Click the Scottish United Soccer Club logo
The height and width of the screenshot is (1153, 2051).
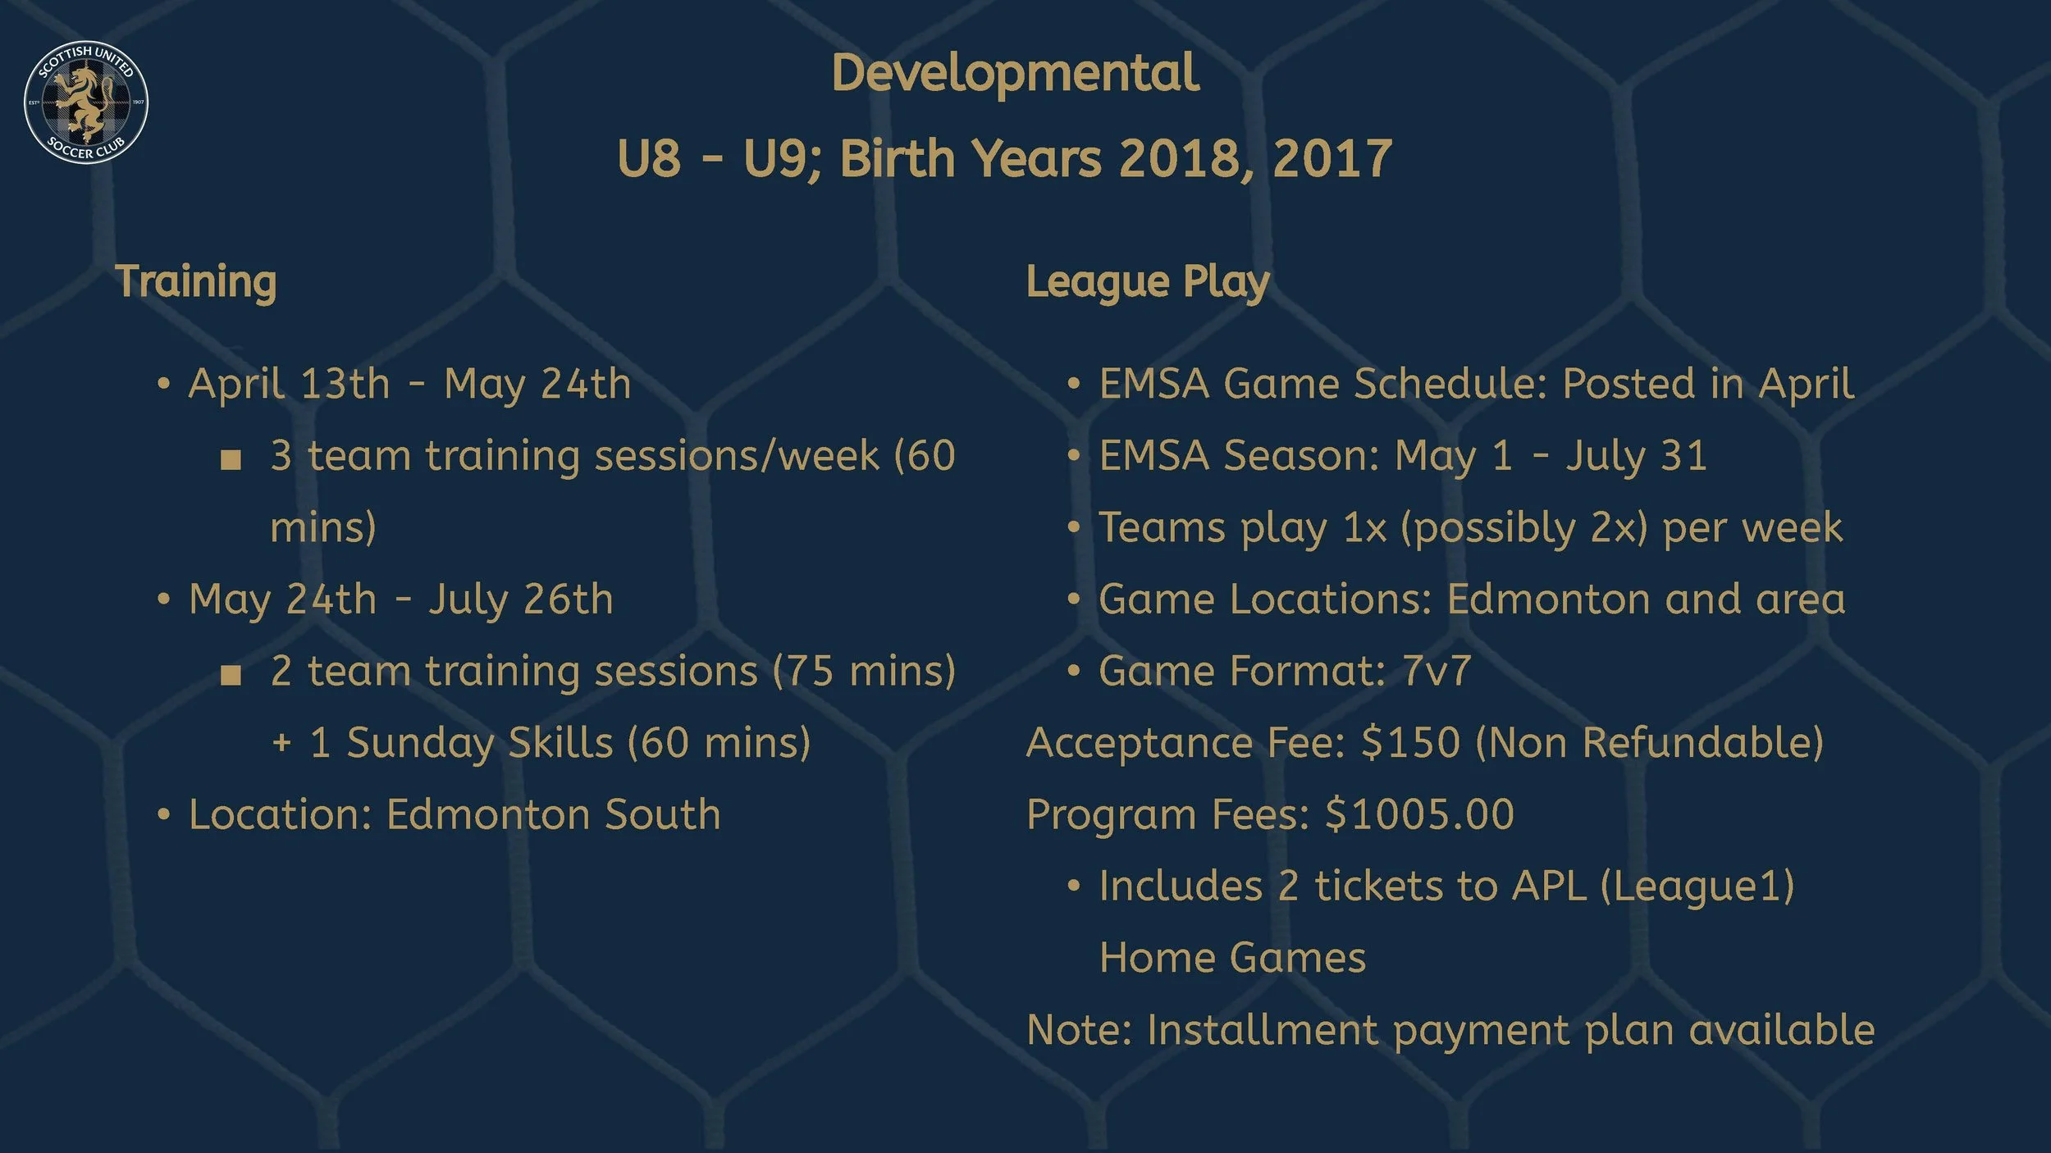tap(86, 102)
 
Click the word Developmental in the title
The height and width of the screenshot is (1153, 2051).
tap(1015, 74)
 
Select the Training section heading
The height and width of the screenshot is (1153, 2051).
tap(195, 282)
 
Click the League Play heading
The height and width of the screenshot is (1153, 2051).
tap(1147, 282)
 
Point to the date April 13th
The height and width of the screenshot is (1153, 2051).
tap(289, 385)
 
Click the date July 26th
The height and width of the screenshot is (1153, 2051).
tap(520, 599)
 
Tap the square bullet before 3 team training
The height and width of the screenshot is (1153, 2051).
tap(231, 459)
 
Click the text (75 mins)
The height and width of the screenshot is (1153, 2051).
tap(864, 672)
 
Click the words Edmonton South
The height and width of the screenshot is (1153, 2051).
tap(553, 815)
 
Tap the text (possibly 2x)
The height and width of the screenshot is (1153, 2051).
tap(1523, 528)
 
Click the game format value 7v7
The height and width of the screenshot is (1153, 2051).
tap(1437, 672)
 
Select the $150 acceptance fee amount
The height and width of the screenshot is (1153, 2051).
tap(1410, 743)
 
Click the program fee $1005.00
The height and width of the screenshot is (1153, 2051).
tap(1419, 815)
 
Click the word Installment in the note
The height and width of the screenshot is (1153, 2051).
tap(1262, 1031)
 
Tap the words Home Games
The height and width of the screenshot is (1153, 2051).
tap(1232, 959)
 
